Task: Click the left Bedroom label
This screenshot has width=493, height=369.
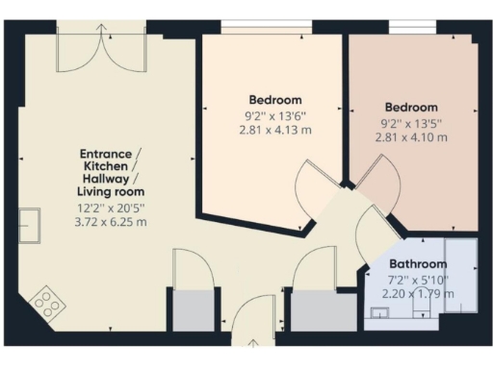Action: click(275, 100)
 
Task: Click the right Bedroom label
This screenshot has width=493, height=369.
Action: click(411, 108)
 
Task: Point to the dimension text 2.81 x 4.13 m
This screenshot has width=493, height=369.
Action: click(275, 130)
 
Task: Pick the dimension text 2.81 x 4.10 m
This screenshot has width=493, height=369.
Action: click(411, 137)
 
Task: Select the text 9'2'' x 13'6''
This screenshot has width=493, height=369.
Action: click(275, 115)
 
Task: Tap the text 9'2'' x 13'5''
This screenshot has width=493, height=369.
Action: click(411, 122)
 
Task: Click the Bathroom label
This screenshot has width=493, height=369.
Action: click(418, 264)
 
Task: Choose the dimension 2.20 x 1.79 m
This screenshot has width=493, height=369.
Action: click(418, 293)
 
